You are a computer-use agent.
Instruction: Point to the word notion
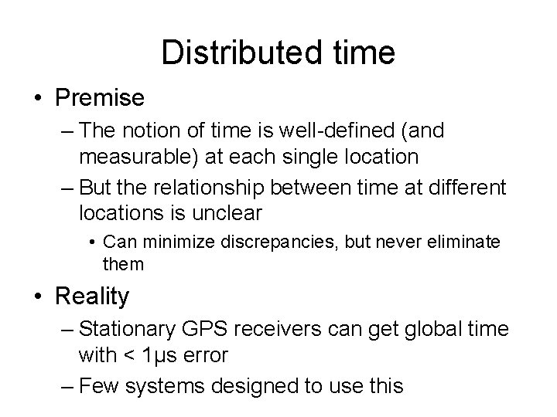point(154,132)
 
